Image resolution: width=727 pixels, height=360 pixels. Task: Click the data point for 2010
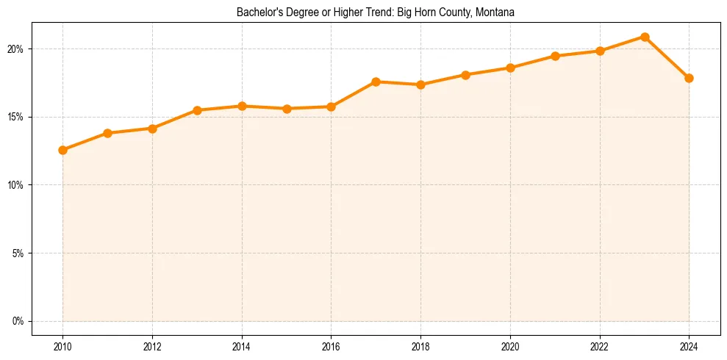62,150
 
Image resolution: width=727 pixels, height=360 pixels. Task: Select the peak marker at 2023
645,37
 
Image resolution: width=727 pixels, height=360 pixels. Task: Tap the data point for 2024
689,78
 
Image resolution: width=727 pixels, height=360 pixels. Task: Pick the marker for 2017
376,82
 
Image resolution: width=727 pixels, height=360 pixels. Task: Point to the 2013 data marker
197,110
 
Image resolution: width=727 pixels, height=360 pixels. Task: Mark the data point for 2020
510,68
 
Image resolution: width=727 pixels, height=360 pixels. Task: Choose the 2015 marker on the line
287,109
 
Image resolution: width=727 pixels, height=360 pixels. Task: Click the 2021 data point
555,56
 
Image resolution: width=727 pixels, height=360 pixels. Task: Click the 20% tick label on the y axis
15,49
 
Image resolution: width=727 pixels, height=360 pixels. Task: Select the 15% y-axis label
15,117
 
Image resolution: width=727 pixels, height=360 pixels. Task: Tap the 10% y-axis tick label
15,185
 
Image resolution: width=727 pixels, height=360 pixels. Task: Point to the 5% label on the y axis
18,253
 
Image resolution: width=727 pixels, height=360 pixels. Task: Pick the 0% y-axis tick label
18,321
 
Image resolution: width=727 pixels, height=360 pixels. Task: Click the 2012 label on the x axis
152,346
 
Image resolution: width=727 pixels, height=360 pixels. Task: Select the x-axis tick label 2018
420,346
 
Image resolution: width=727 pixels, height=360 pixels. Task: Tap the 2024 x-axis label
689,346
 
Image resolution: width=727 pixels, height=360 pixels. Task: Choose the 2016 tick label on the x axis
331,346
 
